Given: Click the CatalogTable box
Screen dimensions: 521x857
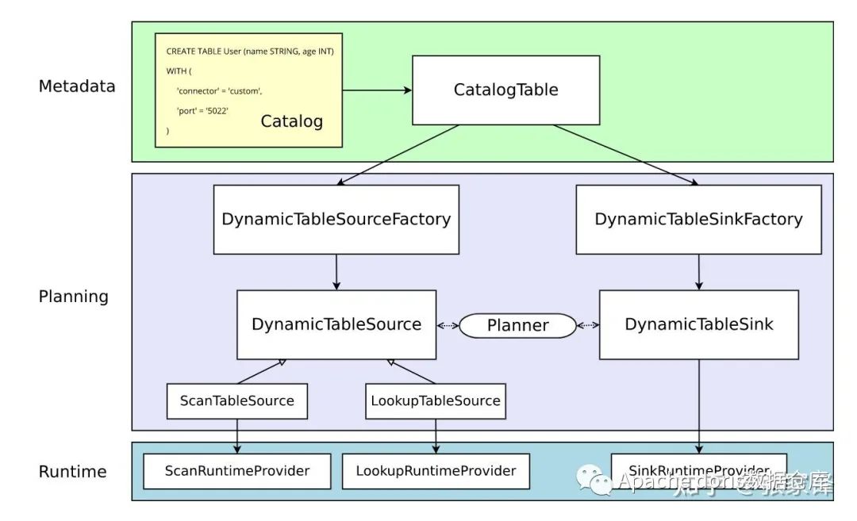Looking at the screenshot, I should point(505,90).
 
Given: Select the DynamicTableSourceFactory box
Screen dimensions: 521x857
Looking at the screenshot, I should point(336,220).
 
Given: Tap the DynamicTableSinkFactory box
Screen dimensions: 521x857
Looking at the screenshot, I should point(698,220).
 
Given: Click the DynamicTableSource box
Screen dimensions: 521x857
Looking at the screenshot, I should point(336,324).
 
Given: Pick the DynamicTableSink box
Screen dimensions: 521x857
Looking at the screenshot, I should point(698,324).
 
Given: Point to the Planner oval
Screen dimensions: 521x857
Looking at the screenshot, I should point(518,325).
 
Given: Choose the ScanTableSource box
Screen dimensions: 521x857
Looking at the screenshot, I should point(236,400).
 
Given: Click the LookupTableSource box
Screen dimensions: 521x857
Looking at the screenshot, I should point(436,400).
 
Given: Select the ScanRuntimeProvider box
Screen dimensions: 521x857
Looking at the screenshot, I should point(236,471).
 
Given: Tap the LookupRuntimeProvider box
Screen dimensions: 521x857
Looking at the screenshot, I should point(436,471).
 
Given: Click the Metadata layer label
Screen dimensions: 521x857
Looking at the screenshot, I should point(77,86).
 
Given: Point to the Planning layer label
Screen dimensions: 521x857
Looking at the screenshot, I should point(73,297).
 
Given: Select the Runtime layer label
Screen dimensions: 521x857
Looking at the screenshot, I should point(72,472).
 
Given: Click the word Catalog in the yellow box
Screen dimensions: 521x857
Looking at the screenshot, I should point(292,121).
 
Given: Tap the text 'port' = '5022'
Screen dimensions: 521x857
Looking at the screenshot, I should point(202,111).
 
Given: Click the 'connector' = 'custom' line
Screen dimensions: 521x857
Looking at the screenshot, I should point(219,91).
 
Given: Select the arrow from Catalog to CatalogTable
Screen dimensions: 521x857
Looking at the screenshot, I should point(377,90).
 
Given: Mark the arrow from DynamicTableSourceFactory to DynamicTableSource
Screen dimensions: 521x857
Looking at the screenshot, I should point(336,272).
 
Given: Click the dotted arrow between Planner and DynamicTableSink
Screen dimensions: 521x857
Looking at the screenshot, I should point(588,325).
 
